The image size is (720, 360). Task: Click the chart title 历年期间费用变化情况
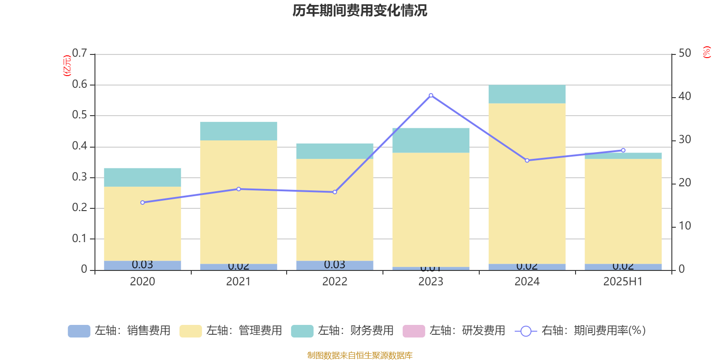point(360,10)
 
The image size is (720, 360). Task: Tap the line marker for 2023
point(431,95)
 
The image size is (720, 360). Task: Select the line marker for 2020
point(143,202)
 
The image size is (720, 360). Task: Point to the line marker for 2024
point(527,160)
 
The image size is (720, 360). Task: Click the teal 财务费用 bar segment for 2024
point(527,94)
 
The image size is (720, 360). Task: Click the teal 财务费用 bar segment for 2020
point(143,177)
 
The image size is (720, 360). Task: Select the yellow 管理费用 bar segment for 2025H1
point(623,211)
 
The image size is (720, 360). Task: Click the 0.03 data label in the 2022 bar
point(334,265)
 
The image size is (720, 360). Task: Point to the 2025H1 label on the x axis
point(623,282)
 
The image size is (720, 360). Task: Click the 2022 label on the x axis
point(334,282)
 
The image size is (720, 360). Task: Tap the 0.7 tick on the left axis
point(80,54)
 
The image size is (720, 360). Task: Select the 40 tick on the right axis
point(684,96)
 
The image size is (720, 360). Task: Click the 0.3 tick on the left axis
point(80,177)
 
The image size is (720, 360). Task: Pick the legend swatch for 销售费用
point(79,331)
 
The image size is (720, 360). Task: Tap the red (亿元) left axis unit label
point(67,66)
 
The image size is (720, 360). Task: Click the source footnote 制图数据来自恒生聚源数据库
point(360,355)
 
